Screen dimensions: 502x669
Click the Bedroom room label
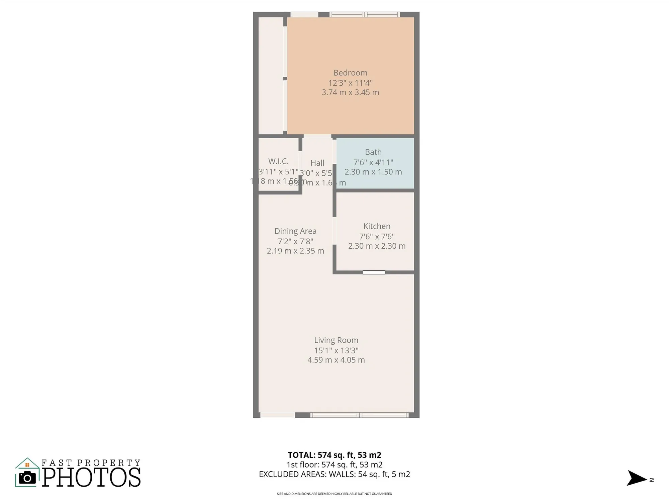point(350,73)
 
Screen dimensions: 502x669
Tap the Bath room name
point(373,152)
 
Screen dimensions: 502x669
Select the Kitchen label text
point(377,226)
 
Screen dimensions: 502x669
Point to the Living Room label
point(336,340)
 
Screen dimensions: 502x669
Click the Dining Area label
point(295,231)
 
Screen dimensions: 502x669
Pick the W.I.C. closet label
point(278,161)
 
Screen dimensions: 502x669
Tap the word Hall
point(317,163)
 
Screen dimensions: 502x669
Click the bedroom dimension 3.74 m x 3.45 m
point(350,92)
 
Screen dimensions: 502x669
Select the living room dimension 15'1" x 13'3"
point(336,350)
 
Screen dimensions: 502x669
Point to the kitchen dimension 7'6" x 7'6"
point(377,237)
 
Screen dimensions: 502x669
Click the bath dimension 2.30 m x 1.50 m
point(373,172)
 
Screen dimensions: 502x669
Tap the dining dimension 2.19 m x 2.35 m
point(295,251)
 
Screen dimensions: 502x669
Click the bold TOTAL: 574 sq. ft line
point(334,455)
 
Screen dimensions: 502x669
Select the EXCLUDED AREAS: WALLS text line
point(334,474)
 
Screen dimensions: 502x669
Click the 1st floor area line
point(334,465)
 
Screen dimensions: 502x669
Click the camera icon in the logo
point(27,478)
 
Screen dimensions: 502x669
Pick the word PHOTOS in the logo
point(91,477)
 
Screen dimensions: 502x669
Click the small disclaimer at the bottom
point(334,494)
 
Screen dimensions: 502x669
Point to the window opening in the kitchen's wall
point(374,272)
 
